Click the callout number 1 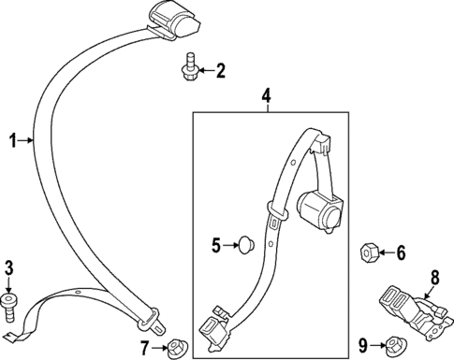(x=13, y=141)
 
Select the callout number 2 (x=221, y=68)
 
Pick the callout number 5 (x=215, y=246)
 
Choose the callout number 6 (x=401, y=252)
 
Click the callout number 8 (x=433, y=277)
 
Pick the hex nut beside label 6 (x=369, y=252)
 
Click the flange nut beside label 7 (x=174, y=348)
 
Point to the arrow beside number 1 (x=29, y=141)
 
